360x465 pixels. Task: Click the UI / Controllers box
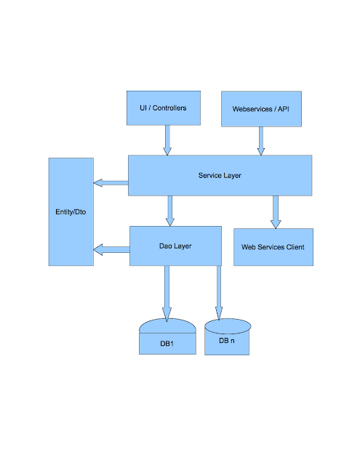coord(163,108)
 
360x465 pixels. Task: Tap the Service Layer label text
coord(220,175)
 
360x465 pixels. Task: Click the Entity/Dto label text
coord(71,211)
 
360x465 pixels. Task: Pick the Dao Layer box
coord(175,246)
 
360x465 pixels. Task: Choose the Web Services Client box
coord(273,247)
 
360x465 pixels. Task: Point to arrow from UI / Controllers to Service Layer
coord(167,139)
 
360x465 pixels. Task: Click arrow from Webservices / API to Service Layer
coord(260,140)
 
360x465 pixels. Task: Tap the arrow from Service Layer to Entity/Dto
coord(111,182)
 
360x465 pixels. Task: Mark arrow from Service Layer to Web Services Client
coord(276,211)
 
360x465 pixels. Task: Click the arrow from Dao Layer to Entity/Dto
coord(111,250)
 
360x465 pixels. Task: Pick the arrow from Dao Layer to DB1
coord(167,292)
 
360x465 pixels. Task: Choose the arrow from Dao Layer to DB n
coord(217,292)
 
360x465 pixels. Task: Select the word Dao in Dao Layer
coord(166,246)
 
